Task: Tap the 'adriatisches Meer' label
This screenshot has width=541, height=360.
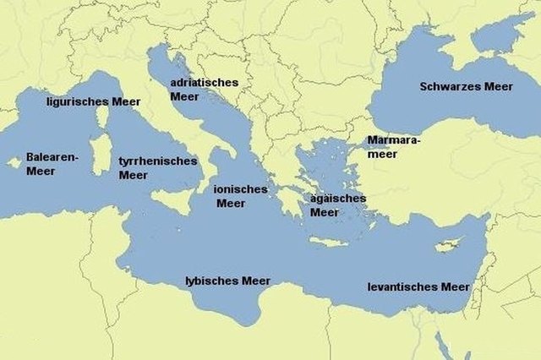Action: [204, 90]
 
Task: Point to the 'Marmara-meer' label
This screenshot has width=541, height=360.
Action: [392, 147]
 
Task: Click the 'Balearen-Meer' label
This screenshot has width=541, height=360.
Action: [52, 164]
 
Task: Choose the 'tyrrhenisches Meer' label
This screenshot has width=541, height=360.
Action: [157, 167]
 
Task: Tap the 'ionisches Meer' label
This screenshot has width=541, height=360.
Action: [239, 196]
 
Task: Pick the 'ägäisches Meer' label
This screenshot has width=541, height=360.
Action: [337, 205]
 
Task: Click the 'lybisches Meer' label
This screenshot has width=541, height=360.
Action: [228, 280]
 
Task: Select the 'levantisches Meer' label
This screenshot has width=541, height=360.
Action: [418, 286]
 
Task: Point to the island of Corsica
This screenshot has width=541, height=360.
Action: [102, 117]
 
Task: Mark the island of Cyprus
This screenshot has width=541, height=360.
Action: [445, 246]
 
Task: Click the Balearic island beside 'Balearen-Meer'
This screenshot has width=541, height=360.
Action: [14, 162]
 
